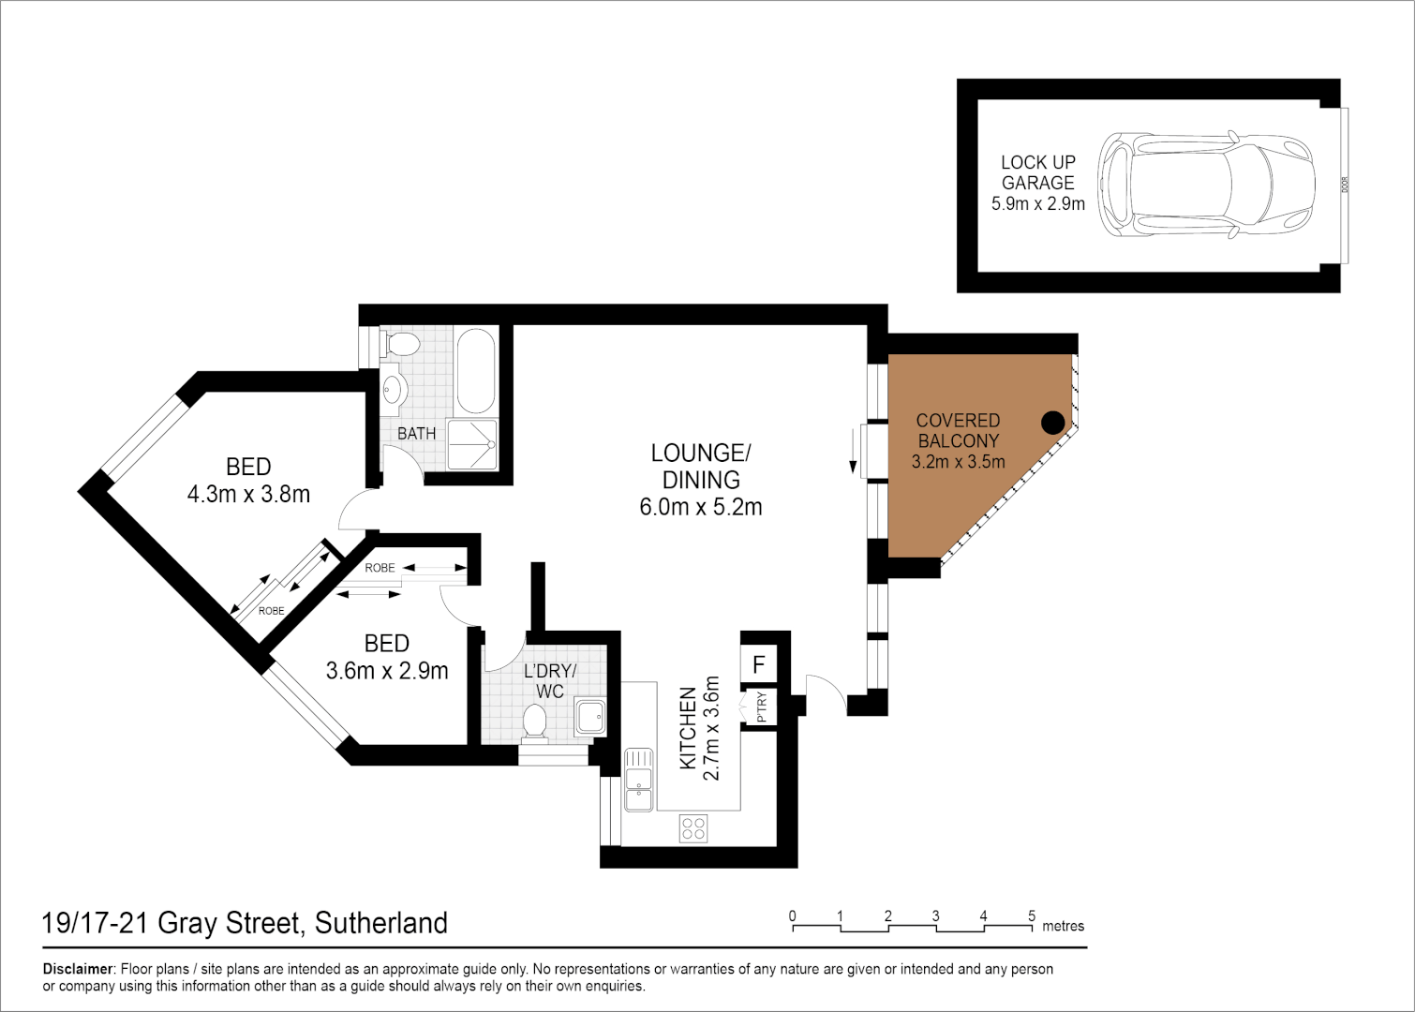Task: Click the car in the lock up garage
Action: point(1207,185)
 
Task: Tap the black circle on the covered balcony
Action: point(1053,423)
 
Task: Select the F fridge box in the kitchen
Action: point(759,665)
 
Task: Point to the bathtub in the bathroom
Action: point(476,371)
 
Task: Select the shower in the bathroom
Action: point(472,444)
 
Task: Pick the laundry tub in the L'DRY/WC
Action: point(591,717)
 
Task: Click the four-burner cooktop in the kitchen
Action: point(693,827)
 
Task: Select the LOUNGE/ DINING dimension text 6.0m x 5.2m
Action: point(701,507)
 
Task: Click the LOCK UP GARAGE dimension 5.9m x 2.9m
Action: point(1038,203)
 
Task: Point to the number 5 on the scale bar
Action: point(1032,915)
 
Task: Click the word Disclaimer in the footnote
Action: point(78,969)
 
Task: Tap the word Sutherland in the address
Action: point(380,923)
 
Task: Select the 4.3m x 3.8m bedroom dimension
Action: point(248,494)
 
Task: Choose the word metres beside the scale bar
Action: point(1063,926)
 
